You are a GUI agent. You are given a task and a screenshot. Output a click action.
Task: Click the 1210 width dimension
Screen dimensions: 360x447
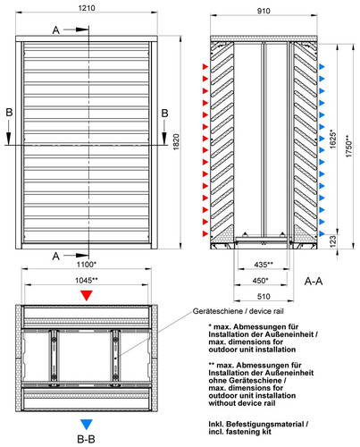pos(87,8)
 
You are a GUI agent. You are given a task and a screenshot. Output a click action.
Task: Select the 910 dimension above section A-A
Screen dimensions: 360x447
pos(264,11)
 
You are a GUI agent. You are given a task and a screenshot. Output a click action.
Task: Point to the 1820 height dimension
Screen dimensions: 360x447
pos(176,142)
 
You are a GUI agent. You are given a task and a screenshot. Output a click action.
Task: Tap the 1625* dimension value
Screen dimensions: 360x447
pos(333,139)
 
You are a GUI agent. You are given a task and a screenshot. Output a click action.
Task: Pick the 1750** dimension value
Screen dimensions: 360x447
pos(349,147)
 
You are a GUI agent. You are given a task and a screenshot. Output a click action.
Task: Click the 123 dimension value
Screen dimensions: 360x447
pos(333,240)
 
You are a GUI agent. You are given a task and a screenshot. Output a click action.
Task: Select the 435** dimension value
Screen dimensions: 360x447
pos(264,265)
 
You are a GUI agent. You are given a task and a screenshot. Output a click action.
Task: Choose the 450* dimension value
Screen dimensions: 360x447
pos(260,281)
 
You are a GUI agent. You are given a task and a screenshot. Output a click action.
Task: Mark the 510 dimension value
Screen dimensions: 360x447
pos(264,297)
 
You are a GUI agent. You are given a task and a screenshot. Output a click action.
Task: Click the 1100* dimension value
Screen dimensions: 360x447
pos(87,264)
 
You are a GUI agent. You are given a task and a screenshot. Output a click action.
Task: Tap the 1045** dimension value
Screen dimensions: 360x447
pos(87,280)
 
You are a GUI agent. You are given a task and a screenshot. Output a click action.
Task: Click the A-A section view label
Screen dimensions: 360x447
pos(314,281)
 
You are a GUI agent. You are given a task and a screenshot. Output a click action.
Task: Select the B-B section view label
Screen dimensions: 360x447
pos(86,439)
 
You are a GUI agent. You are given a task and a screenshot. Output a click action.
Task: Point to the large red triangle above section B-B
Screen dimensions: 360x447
pos(87,295)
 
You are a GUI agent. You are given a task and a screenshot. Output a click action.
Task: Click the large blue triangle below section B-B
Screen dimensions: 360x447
pos(87,425)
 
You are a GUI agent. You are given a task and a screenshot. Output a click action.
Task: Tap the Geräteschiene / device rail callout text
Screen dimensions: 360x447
pos(238,311)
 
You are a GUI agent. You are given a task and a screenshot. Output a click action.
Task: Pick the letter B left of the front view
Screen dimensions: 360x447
pos(9,113)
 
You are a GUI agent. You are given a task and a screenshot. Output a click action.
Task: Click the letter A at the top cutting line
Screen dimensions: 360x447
pos(56,30)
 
